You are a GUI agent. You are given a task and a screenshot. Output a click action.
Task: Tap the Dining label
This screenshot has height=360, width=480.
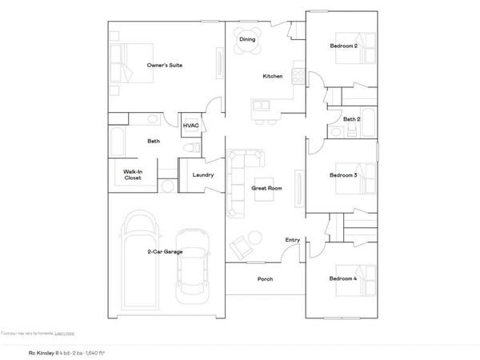click(x=247, y=38)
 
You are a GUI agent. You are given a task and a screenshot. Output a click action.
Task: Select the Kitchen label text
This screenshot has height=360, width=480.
click(x=273, y=77)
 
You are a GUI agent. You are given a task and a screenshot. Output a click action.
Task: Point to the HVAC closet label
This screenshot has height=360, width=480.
click(x=191, y=126)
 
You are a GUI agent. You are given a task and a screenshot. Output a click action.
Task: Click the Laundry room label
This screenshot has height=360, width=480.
click(x=202, y=175)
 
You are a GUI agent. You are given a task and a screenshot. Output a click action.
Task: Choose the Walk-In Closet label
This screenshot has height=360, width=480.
click(x=133, y=174)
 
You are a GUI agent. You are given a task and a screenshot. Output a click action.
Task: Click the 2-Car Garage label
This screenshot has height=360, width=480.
click(x=165, y=252)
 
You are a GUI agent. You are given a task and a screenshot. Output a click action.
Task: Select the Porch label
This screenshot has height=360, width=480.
click(x=265, y=279)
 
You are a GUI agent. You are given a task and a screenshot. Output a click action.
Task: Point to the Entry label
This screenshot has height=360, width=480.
click(x=293, y=240)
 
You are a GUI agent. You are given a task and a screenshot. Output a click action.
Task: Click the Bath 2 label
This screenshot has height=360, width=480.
click(x=352, y=120)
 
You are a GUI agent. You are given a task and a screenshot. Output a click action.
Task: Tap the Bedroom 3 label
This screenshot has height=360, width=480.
click(x=343, y=174)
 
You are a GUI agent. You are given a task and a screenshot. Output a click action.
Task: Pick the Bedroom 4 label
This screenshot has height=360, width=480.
click(x=343, y=278)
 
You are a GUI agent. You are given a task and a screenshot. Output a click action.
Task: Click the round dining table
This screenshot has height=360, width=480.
click(x=247, y=46)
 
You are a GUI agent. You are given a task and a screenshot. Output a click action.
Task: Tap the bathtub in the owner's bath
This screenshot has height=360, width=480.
click(x=116, y=143)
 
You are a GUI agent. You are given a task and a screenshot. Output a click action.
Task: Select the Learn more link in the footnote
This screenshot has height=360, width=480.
click(x=66, y=332)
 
